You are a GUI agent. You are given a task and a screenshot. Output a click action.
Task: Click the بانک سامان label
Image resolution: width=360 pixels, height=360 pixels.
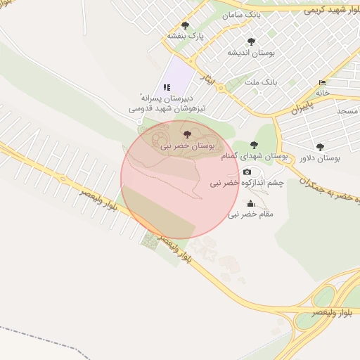click(243, 15)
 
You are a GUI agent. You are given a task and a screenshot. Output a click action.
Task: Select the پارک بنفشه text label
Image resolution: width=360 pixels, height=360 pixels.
click(185, 35)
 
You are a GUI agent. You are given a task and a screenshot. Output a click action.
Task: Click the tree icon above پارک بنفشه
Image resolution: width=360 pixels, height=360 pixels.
click(185, 25)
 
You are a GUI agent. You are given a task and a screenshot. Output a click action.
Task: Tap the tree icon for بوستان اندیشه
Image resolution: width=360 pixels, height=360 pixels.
click(251, 42)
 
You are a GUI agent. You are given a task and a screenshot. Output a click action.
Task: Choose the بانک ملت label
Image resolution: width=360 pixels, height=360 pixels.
click(260, 82)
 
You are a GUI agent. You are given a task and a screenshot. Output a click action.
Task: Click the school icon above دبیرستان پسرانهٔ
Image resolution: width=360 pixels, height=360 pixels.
click(167, 87)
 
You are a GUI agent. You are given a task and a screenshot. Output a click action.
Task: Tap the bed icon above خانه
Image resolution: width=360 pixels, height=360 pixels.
click(323, 82)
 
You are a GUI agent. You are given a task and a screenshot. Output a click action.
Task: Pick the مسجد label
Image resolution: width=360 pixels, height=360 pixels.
click(347, 111)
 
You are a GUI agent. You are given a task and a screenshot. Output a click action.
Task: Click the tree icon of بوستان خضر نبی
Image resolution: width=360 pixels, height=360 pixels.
click(186, 134)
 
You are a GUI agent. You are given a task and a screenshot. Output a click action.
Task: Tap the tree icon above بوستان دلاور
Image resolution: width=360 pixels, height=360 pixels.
click(320, 148)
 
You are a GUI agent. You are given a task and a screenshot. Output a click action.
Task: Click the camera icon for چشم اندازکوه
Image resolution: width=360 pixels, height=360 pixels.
click(247, 172)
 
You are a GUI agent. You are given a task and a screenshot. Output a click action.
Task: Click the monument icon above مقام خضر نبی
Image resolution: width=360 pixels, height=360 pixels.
click(251, 203)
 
